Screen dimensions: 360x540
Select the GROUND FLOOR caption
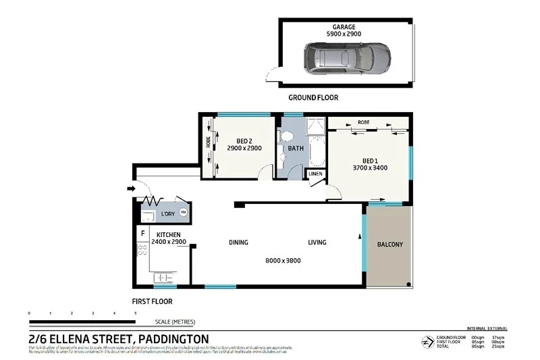click(x=313, y=98)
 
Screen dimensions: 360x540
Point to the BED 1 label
click(x=369, y=160)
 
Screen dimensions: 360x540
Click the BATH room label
click(x=296, y=148)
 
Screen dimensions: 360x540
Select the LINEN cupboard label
click(x=316, y=174)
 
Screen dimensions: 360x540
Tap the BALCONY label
click(x=389, y=245)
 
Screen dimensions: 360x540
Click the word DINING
click(x=238, y=242)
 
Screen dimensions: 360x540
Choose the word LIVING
click(x=317, y=242)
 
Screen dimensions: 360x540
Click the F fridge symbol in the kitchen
click(x=142, y=234)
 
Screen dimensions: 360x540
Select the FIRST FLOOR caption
click(x=152, y=301)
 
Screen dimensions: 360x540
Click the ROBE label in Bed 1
click(x=363, y=122)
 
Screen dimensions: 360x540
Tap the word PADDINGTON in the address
click(x=173, y=338)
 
